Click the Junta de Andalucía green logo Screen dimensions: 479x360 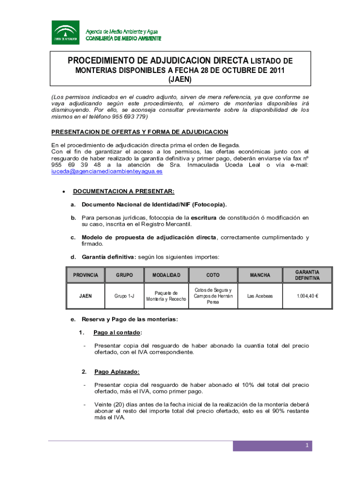tap(65, 32)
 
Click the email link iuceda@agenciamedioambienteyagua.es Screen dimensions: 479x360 tap(107, 172)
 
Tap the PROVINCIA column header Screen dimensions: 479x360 tap(86, 275)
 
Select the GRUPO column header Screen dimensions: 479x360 tap(124, 275)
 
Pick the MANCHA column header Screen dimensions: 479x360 tap(260, 275)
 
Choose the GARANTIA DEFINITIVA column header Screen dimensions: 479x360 tap(307, 275)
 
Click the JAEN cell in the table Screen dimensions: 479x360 tap(86, 296)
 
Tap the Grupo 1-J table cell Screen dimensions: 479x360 tap(124, 296)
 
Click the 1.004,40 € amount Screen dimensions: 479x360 tap(307, 296)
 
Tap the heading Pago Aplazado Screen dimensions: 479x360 tap(117, 372)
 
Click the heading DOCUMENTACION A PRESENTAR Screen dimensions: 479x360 tap(123, 191)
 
